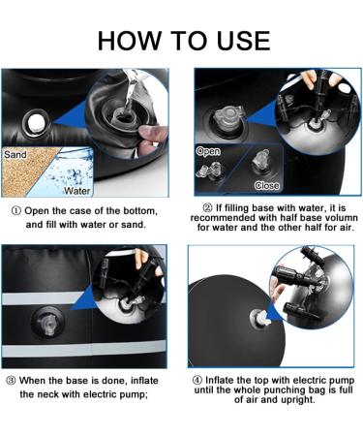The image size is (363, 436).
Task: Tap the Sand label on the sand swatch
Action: click(x=15, y=155)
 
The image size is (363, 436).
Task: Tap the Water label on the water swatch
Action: click(x=76, y=191)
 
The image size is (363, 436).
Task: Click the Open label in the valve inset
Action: click(x=208, y=151)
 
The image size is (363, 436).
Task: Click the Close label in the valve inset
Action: click(x=266, y=185)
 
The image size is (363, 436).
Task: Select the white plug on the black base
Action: click(x=35, y=123)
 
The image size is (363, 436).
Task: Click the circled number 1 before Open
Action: click(x=15, y=211)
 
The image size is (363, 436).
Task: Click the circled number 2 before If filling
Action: click(x=207, y=207)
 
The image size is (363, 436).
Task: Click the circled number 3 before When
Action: click(x=11, y=381)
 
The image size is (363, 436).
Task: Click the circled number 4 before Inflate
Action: click(x=197, y=380)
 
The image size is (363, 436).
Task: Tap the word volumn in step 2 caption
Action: click(x=342, y=217)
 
